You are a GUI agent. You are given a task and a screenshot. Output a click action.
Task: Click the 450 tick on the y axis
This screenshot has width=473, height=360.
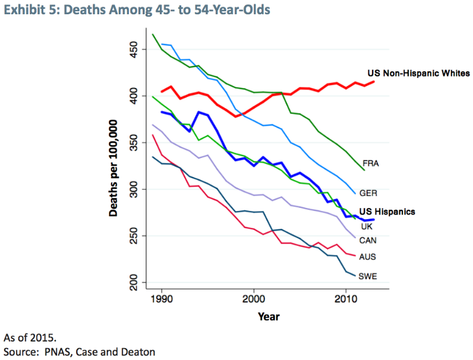point(134,48)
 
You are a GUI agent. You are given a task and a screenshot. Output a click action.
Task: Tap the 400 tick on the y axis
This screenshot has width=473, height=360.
point(134,95)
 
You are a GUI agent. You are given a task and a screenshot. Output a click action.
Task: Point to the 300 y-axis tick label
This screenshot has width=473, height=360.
point(134,190)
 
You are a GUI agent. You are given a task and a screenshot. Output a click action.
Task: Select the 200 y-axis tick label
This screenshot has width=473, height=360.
point(134,283)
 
